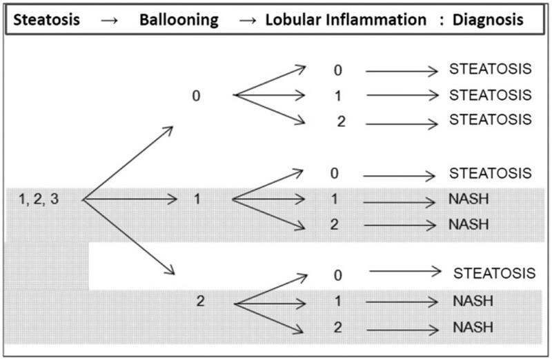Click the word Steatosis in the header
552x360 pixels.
[46, 20]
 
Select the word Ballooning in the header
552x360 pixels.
[179, 21]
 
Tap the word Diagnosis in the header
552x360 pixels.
[488, 21]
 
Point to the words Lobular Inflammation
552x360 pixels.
[346, 20]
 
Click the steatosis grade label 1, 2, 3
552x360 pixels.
[39, 199]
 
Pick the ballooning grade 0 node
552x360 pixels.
[196, 96]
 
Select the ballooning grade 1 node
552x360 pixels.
[197, 199]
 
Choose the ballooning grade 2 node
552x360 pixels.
[200, 301]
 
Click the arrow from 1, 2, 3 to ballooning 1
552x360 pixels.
[130, 199]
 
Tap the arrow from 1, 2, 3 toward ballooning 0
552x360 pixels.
[128, 163]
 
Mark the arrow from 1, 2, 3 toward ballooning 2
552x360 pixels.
[129, 237]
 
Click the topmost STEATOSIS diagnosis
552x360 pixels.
[490, 69]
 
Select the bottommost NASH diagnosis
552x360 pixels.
[473, 328]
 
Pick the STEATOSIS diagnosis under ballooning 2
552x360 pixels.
[494, 273]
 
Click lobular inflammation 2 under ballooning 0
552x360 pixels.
[341, 121]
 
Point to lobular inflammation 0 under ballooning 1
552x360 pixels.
[335, 174]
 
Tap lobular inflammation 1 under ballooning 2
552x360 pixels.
[338, 301]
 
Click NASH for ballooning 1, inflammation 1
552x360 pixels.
[469, 199]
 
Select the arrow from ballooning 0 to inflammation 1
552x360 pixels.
[269, 95]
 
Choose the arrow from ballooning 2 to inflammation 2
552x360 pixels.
[269, 318]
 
